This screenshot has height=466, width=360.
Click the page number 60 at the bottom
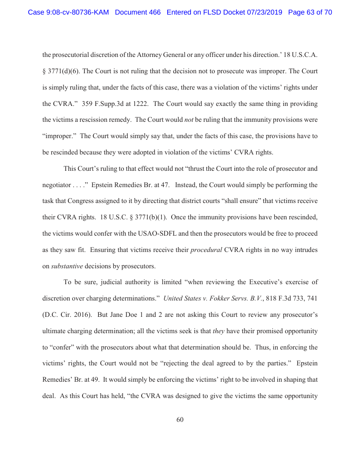click(180, 420)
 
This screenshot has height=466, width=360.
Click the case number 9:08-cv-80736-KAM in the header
click(69, 12)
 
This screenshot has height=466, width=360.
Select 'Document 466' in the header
click(138, 12)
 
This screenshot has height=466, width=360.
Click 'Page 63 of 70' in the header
click(310, 12)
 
